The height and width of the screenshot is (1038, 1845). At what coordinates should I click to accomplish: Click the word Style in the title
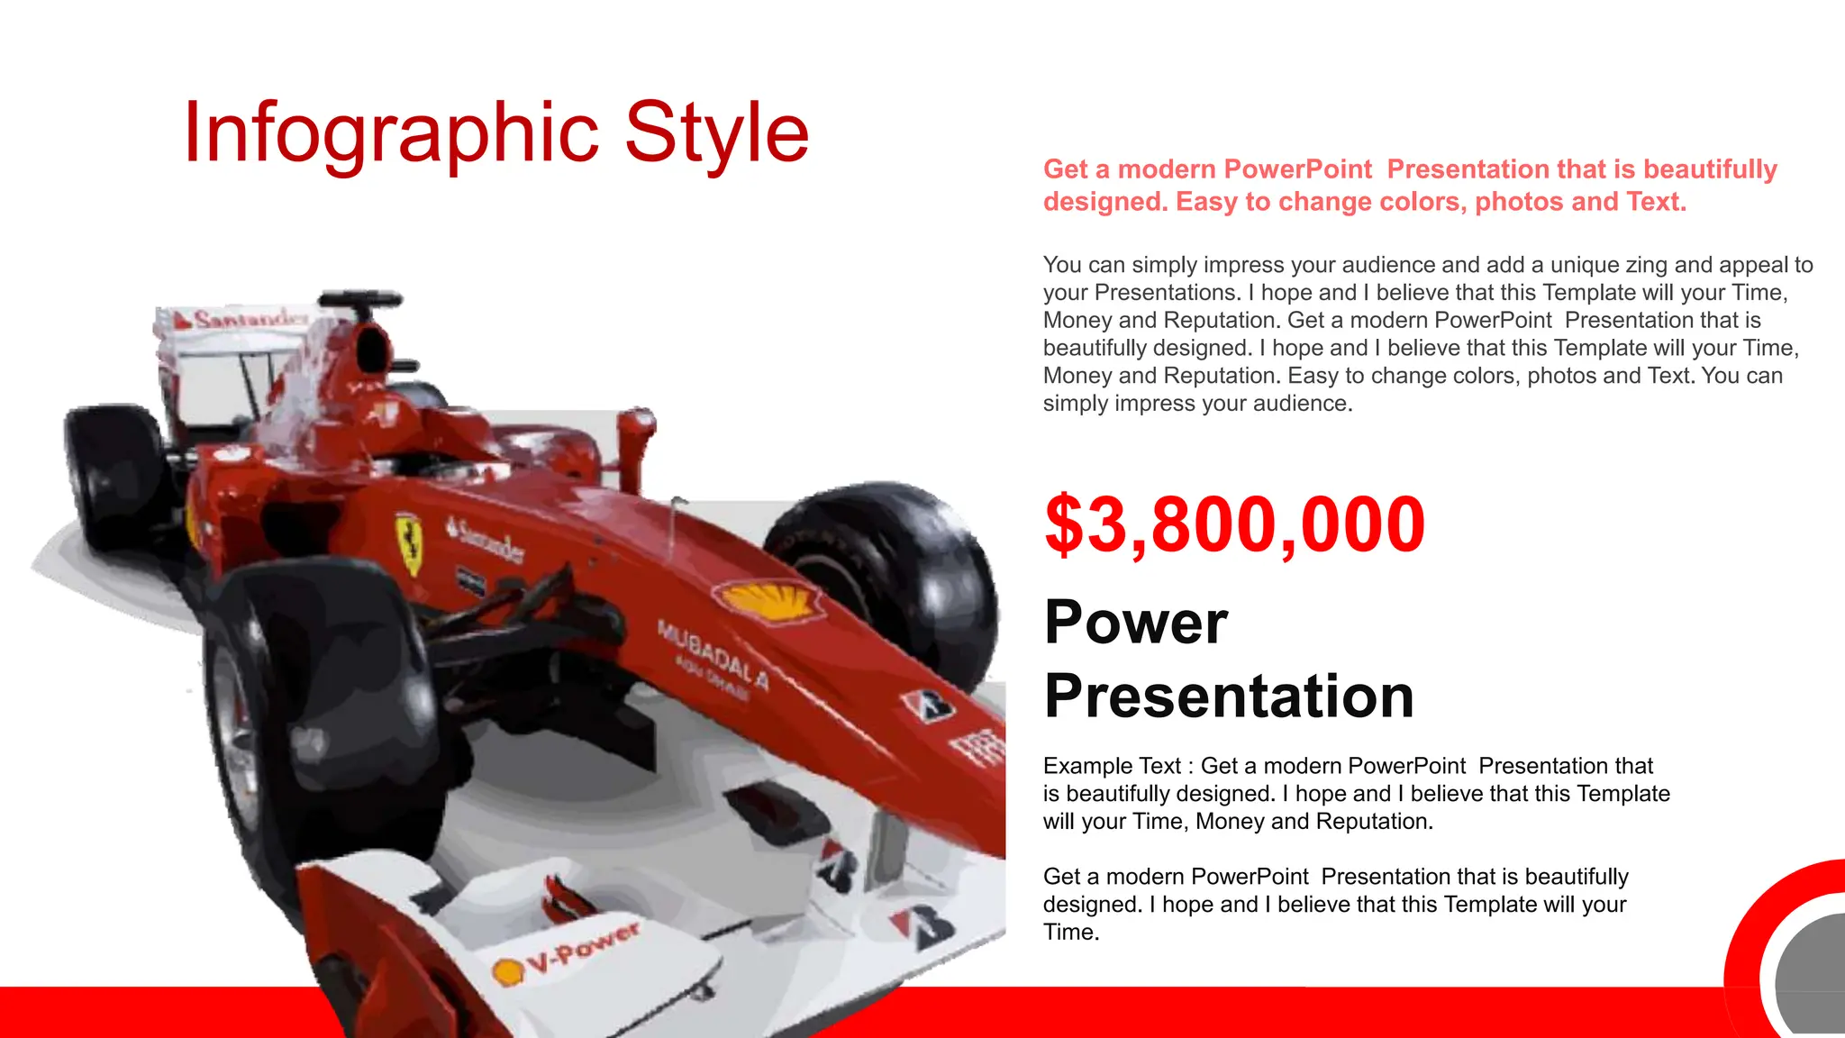click(716, 133)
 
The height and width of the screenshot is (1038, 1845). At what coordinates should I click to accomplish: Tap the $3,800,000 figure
click(1234, 524)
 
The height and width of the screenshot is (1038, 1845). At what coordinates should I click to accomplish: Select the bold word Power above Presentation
click(1136, 622)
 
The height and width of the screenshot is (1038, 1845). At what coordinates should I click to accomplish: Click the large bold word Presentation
click(1229, 696)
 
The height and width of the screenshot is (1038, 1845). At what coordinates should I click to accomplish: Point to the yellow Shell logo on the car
click(768, 599)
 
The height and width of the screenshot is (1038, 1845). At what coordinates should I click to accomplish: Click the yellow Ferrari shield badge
click(410, 542)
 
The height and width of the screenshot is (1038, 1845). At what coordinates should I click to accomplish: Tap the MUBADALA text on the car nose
click(713, 654)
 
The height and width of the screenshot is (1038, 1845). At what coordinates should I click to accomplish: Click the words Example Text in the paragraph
click(1112, 766)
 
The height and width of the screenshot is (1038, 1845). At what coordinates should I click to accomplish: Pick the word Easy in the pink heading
click(1206, 202)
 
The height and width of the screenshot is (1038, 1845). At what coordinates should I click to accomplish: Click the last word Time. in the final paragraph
click(1071, 933)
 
